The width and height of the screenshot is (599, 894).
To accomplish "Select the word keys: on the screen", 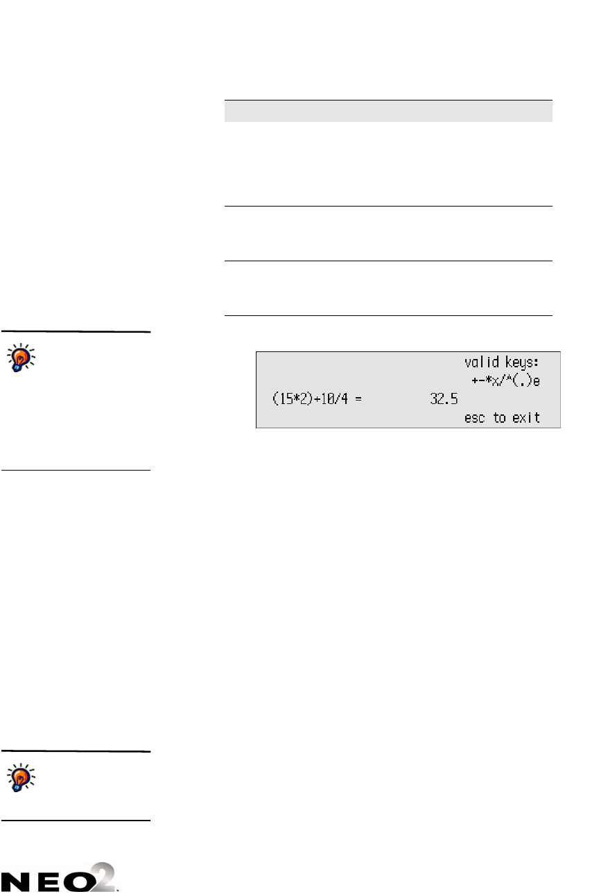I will [519, 362].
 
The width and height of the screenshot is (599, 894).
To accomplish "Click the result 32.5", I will [444, 400].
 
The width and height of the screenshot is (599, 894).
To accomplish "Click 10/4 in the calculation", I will [333, 400].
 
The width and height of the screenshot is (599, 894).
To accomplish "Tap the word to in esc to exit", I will [499, 419].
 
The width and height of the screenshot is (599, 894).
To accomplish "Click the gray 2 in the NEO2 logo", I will [108, 875].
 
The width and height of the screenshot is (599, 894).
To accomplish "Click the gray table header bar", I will [388, 111].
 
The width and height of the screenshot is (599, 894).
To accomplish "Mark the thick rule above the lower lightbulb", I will [75, 751].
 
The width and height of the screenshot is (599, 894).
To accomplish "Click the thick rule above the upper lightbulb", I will [75, 332].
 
